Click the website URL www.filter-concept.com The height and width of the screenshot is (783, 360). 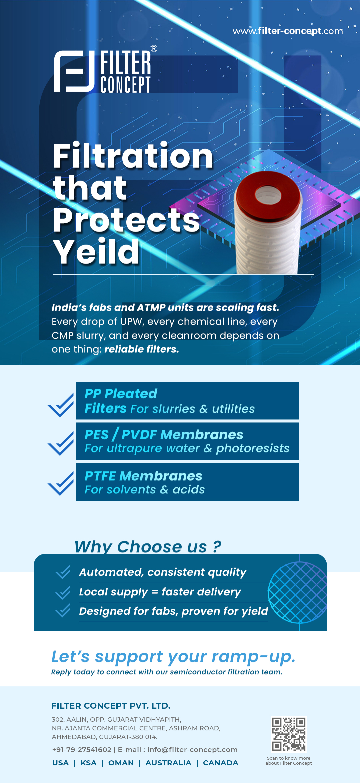coord(288,31)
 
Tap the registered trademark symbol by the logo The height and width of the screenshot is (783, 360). coord(154,49)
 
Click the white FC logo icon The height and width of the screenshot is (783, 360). coord(75,71)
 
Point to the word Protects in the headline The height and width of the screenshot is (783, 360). coord(127,220)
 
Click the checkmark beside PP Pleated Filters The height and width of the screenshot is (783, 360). coord(61,405)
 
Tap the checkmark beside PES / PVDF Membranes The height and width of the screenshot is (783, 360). coord(61,443)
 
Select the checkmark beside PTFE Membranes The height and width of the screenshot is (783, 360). coord(61,483)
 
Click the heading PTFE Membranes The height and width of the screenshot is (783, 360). coord(143,476)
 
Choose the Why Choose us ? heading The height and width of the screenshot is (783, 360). coord(148,546)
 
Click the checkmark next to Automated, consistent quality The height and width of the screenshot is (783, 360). coord(63,572)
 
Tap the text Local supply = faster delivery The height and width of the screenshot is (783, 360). coord(160,592)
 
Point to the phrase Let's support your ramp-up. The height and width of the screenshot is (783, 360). coord(173,657)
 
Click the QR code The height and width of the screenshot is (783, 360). coord(289,734)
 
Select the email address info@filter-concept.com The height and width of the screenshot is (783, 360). coord(192,750)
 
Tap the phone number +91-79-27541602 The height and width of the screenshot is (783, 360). coord(82,750)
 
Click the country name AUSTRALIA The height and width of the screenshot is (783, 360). coord(168,763)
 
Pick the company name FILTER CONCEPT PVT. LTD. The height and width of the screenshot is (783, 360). coord(111,706)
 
